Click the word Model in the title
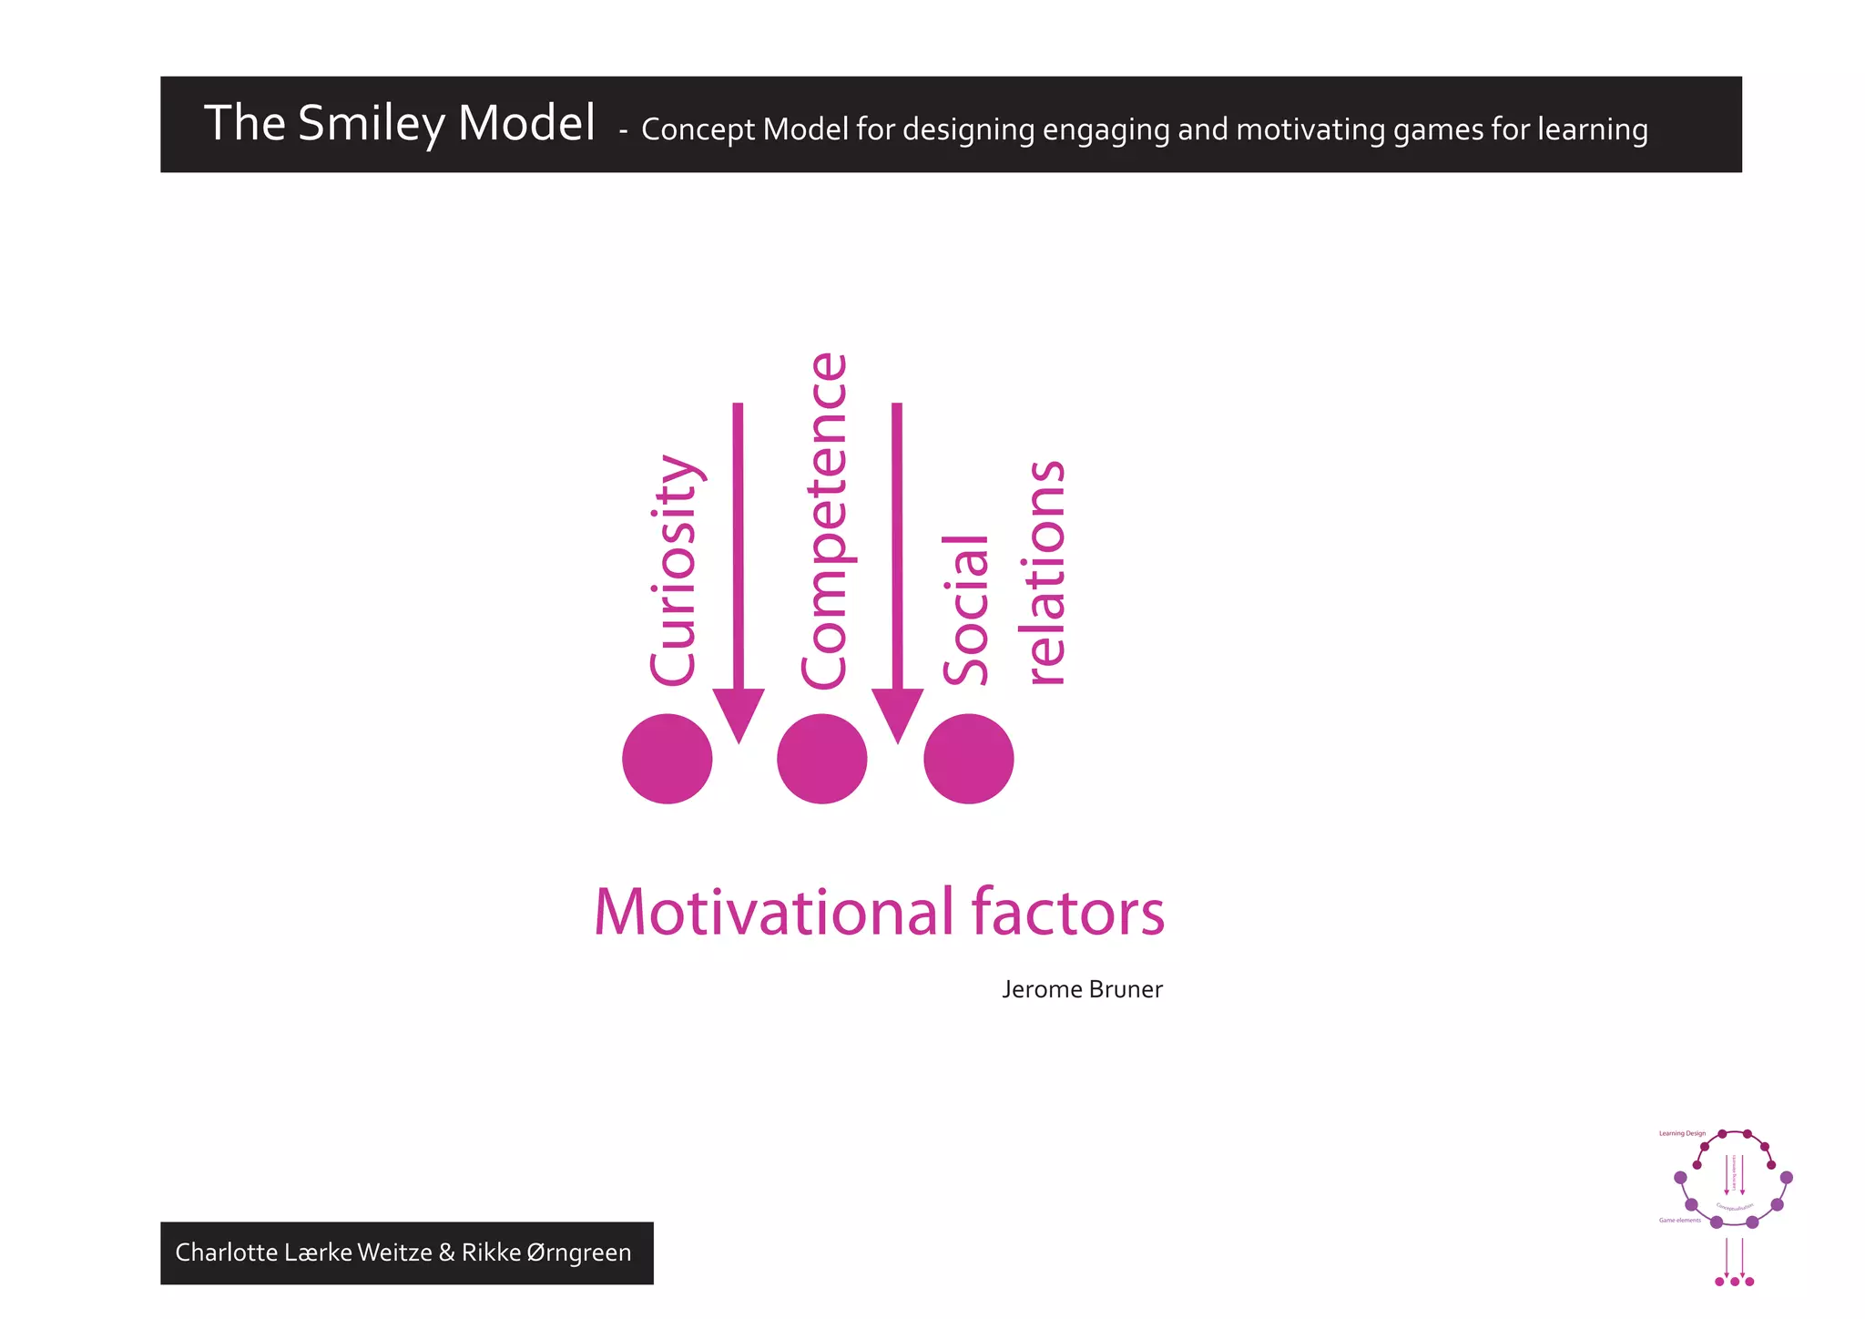click(x=526, y=123)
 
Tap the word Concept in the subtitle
click(x=698, y=129)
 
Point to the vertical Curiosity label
click(x=674, y=569)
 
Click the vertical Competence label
click(x=824, y=521)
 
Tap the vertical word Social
click(x=965, y=609)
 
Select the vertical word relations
click(x=1046, y=572)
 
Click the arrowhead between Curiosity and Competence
click(x=739, y=715)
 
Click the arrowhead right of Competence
click(x=898, y=715)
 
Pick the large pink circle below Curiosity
click(x=668, y=759)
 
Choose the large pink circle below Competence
click(x=822, y=759)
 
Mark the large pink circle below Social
click(x=969, y=759)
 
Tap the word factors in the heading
click(x=1068, y=912)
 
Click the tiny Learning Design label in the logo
click(x=1682, y=1134)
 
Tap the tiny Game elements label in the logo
click(x=1680, y=1221)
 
